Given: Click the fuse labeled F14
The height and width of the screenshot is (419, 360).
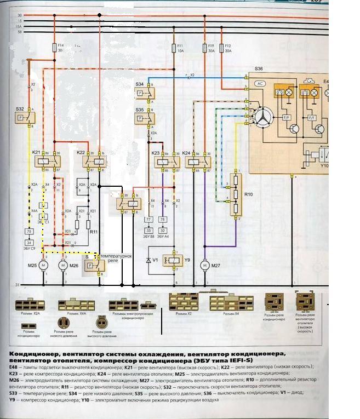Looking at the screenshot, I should [x=55, y=48].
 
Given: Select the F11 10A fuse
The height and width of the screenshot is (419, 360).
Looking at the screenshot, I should [x=174, y=49].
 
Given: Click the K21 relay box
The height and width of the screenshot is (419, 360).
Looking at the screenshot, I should [x=46, y=161].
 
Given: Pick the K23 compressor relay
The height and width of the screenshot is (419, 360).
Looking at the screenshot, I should [x=165, y=162].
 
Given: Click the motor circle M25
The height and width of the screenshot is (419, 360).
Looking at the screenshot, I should [x=46, y=266].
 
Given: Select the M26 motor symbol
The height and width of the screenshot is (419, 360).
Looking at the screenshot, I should [x=62, y=266].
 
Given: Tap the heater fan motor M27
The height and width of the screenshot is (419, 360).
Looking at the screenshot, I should [x=204, y=266].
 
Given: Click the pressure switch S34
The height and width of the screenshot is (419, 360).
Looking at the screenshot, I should [x=146, y=94].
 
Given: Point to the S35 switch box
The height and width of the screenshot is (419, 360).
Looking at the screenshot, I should [x=146, y=118].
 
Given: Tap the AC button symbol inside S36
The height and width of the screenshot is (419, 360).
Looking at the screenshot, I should [x=260, y=83].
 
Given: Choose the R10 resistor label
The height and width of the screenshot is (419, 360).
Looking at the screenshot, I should [x=248, y=195].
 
